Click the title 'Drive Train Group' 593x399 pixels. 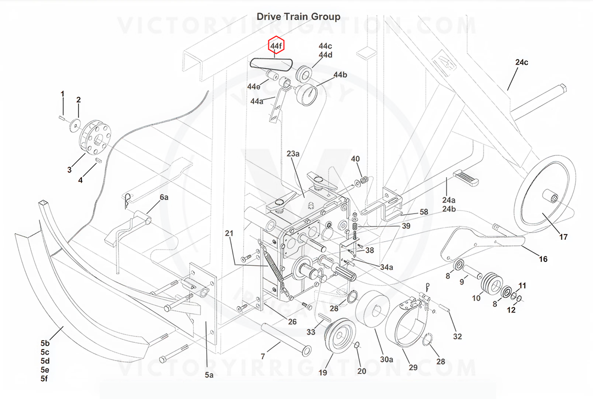pos(298,17)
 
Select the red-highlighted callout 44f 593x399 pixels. pos(276,46)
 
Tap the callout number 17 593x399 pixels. pos(563,237)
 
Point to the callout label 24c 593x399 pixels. pos(521,63)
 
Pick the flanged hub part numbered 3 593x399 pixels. pos(95,136)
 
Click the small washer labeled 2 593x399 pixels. pos(75,123)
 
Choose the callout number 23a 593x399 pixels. pos(293,154)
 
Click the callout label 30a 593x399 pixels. pos(386,359)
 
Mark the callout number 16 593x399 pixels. pos(543,259)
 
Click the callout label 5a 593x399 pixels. pos(209,375)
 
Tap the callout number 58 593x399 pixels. pos(424,212)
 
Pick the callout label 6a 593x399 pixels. pos(164,198)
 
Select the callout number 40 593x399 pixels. pos(355,159)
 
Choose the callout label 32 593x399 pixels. pos(457,336)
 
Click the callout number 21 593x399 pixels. pos(228,233)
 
